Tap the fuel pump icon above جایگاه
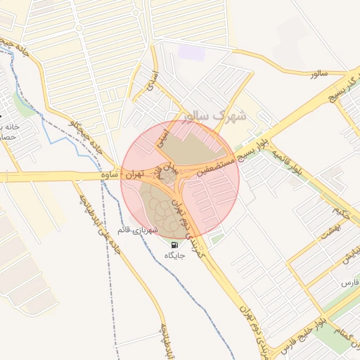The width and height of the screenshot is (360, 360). point(174,245)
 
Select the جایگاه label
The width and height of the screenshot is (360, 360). point(174,256)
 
